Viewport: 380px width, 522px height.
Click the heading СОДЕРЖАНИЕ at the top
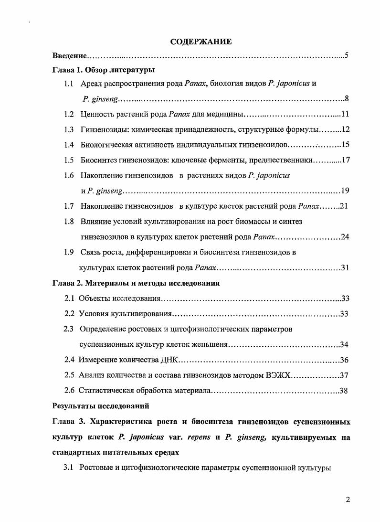(x=201, y=42)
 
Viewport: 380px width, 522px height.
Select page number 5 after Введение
(x=347, y=56)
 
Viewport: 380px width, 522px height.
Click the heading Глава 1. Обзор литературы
(x=103, y=70)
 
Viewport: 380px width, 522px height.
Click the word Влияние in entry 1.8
(x=95, y=221)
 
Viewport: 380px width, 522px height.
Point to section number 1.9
(x=69, y=252)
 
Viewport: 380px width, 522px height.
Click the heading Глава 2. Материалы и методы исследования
(x=136, y=283)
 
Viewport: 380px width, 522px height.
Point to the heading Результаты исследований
(x=100, y=406)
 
